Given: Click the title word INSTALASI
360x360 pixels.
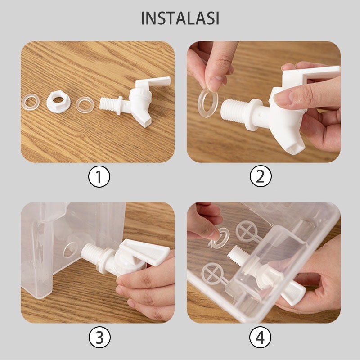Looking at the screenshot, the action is [180, 18].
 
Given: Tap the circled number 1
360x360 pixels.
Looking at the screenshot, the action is [99, 176].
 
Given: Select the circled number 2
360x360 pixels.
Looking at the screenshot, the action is [261, 176].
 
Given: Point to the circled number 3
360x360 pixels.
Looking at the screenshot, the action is [99, 337].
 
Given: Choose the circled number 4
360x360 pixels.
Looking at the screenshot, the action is [260, 337].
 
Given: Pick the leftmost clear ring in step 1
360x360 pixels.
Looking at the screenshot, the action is [31, 103].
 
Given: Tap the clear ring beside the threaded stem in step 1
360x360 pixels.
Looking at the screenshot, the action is [85, 105].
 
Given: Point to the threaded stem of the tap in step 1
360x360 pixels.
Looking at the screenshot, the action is [109, 103].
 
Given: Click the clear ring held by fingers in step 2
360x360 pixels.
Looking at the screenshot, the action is [208, 103].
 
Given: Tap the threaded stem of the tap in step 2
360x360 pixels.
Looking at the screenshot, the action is [234, 111].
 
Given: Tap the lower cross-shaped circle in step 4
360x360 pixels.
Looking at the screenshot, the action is [212, 274].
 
